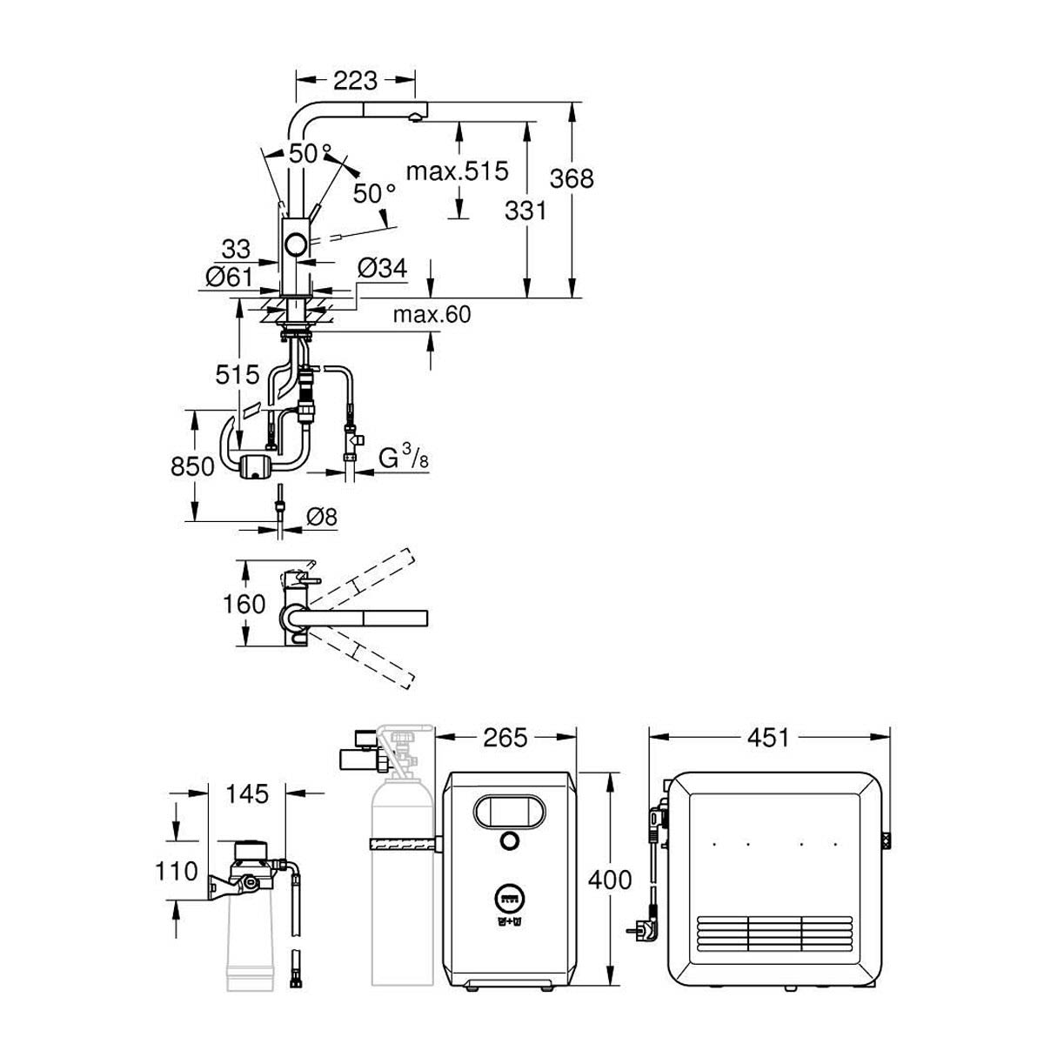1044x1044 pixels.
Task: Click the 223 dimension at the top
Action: (x=355, y=81)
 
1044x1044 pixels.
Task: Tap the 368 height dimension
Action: (x=572, y=178)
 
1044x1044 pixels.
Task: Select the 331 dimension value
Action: (x=525, y=211)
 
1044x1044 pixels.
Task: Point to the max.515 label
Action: (x=458, y=171)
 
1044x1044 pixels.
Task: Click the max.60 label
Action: (x=432, y=314)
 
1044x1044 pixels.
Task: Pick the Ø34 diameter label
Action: (x=383, y=268)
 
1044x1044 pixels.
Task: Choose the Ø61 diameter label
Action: (x=229, y=277)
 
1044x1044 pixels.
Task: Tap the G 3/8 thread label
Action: (x=404, y=458)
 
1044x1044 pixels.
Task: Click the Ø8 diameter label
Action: (x=322, y=517)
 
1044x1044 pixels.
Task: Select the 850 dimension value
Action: (x=192, y=466)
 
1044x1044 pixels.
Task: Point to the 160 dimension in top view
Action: (x=244, y=604)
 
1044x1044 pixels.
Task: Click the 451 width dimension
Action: (x=768, y=738)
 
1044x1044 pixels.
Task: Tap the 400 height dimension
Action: (x=610, y=880)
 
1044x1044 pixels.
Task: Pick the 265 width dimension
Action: (x=505, y=738)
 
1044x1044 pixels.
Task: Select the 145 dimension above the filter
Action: (x=247, y=794)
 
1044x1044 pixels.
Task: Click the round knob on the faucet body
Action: (x=297, y=244)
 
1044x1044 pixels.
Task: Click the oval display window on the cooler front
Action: (x=508, y=812)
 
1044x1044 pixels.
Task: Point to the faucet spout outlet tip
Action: (x=415, y=117)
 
